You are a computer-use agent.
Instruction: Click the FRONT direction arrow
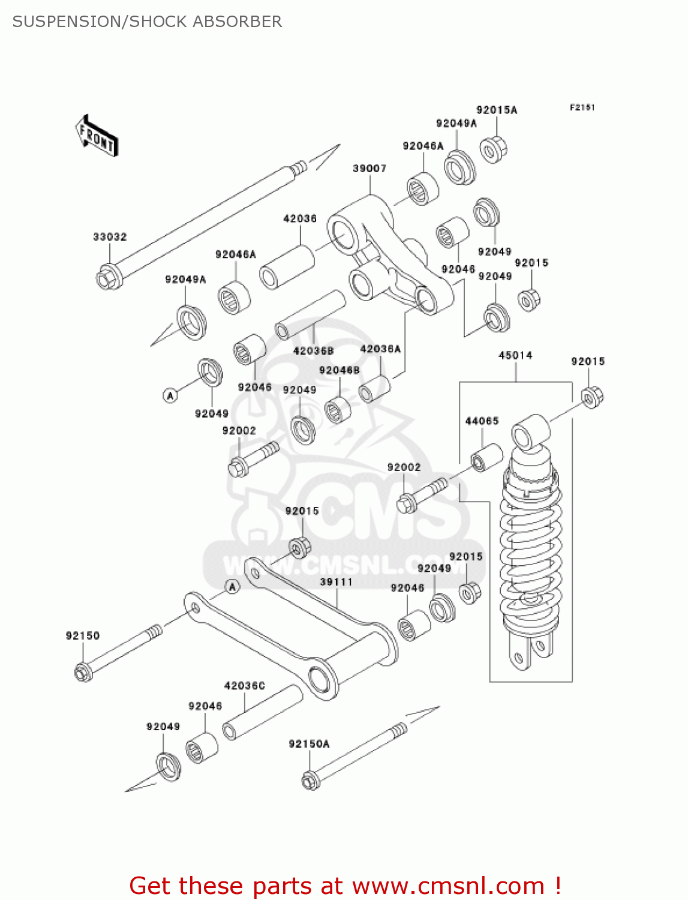96,136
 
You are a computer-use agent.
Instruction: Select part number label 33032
110,237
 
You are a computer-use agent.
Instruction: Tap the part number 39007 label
369,169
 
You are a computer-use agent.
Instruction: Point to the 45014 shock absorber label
515,355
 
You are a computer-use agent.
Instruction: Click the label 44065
482,421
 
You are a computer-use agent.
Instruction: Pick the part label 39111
336,582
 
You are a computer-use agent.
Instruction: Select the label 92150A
309,744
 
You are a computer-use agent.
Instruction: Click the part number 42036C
244,686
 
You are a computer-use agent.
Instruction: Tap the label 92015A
497,110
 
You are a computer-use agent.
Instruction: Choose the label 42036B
313,351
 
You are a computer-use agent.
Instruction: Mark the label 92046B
340,371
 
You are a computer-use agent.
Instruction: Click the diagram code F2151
582,107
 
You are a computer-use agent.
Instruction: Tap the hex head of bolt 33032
109,278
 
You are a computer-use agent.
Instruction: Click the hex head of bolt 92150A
310,781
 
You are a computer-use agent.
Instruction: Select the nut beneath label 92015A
493,149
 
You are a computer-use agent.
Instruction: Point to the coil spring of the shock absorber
531,546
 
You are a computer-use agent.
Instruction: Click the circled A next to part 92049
170,395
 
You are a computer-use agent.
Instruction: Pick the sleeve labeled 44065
486,458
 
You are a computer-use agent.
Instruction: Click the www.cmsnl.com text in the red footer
447,886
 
